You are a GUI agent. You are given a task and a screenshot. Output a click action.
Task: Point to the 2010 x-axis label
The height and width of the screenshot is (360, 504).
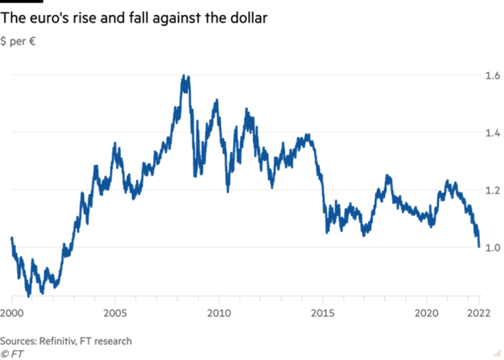click(x=220, y=312)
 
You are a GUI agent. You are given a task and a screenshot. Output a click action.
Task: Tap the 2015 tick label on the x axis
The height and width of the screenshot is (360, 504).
click(x=324, y=312)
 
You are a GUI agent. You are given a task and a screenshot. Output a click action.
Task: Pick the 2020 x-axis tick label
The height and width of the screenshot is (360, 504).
click(x=428, y=312)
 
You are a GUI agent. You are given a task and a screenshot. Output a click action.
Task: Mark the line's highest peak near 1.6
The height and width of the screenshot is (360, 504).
click(x=185, y=76)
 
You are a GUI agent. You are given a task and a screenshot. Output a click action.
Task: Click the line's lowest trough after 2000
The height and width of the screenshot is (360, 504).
click(x=29, y=293)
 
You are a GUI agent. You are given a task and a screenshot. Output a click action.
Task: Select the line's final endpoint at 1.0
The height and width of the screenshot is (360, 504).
click(x=478, y=247)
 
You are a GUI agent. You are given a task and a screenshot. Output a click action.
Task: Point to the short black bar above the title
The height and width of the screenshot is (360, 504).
click(x=21, y=2)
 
